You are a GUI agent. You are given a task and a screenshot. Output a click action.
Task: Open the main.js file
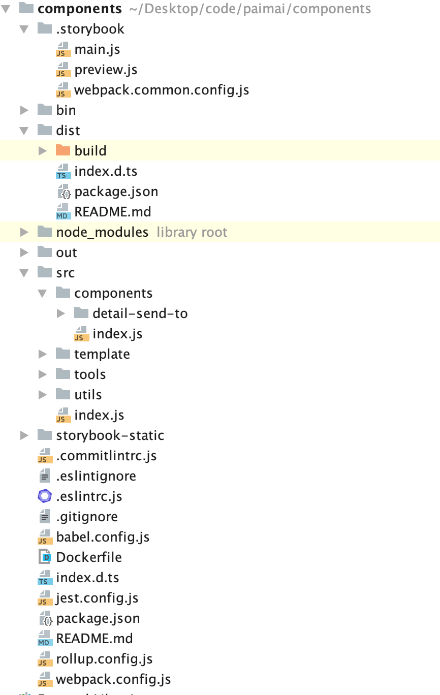97,49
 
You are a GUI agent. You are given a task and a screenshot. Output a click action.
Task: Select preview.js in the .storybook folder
106,70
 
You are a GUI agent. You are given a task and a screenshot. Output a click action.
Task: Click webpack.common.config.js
162,90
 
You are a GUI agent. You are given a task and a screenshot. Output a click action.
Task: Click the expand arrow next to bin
24,110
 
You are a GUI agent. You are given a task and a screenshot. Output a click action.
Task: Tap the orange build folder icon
62,150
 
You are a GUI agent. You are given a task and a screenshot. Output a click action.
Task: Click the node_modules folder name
102,232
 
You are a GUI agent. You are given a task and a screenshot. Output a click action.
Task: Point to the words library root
192,232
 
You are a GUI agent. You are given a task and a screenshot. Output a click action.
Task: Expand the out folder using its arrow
24,252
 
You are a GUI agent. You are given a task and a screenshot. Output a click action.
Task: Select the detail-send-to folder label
140,313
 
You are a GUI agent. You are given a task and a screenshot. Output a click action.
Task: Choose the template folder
102,354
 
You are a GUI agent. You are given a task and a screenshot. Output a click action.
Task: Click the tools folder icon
62,374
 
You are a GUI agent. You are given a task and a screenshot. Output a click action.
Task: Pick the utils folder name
88,395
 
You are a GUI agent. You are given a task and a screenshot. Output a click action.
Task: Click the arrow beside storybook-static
24,435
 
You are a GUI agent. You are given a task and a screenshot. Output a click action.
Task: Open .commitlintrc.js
106,456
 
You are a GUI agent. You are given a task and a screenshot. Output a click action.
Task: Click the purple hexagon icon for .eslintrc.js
45,496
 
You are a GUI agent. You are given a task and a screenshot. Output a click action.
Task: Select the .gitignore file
87,517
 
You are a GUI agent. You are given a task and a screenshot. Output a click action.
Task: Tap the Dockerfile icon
45,557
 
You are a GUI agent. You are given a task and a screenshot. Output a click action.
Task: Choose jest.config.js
97,598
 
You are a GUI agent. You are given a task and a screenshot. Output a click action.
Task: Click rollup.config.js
104,659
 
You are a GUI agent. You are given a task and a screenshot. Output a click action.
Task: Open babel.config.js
103,537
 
